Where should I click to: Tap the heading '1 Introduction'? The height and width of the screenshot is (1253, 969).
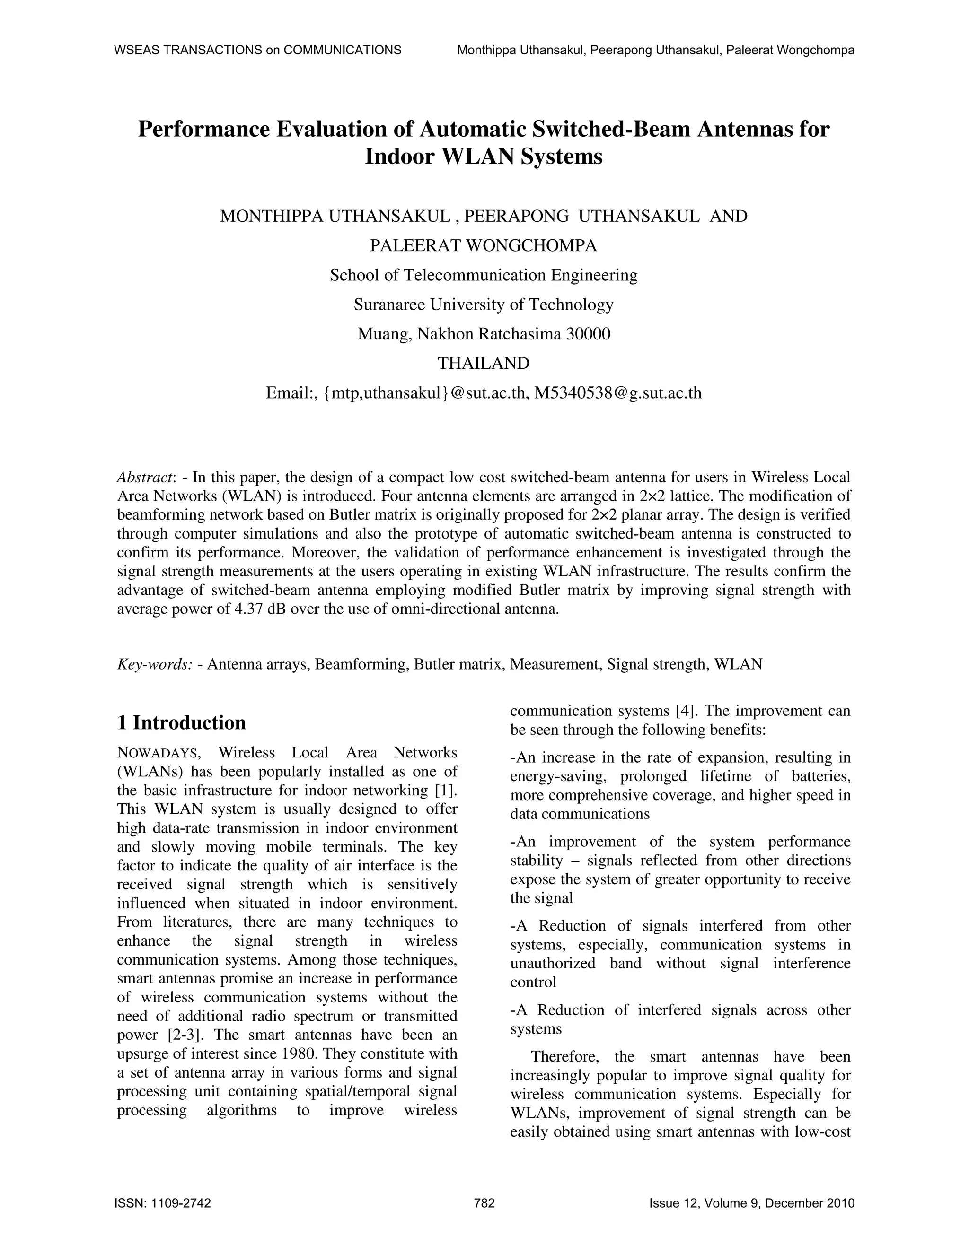(181, 723)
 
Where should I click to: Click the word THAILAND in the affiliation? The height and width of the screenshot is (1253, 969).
(484, 363)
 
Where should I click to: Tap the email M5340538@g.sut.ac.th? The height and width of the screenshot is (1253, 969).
(617, 393)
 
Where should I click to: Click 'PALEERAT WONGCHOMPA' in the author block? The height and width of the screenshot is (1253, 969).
(484, 245)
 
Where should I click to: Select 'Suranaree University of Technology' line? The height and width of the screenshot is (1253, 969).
(484, 304)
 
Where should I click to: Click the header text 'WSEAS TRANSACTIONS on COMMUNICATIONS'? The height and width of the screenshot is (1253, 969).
(258, 50)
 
